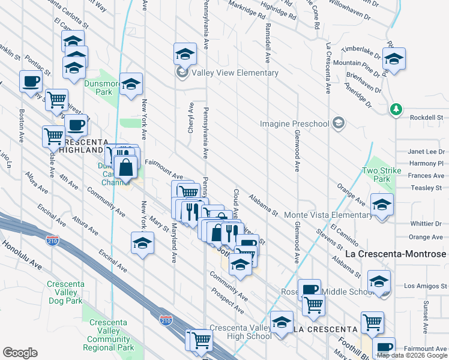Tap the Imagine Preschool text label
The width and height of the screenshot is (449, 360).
click(x=295, y=124)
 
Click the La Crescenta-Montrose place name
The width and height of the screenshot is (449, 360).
click(x=397, y=254)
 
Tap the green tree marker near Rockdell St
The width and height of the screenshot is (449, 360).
click(x=395, y=109)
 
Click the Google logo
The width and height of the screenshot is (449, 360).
click(x=20, y=353)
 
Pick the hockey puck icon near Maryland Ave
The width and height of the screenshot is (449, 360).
click(x=142, y=243)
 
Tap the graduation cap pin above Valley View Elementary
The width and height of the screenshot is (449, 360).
click(x=185, y=54)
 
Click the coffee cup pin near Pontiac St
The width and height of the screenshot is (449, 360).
click(x=30, y=81)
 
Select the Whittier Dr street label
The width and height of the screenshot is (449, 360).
click(x=426, y=224)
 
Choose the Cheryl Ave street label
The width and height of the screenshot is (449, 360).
click(x=191, y=118)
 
